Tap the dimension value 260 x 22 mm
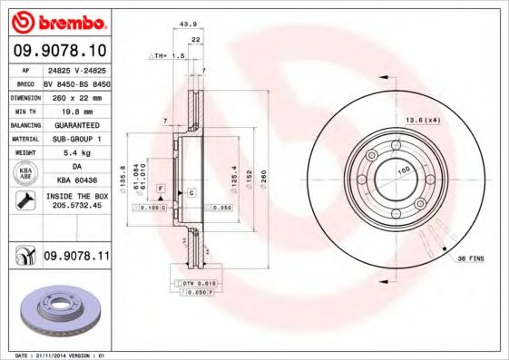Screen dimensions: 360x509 point(75,95)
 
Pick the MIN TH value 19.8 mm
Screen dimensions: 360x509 point(75,110)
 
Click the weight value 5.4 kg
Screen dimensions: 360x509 point(75,153)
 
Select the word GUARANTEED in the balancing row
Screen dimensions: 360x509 point(75,124)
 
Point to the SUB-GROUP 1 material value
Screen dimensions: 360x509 point(75,139)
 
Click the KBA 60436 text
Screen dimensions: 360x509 point(75,181)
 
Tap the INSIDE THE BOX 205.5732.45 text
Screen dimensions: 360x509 point(75,201)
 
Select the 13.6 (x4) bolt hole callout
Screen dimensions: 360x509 point(423,119)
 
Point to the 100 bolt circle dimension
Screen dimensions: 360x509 point(403,170)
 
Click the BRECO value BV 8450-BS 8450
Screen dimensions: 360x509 point(75,82)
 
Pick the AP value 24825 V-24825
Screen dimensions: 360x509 point(75,69)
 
